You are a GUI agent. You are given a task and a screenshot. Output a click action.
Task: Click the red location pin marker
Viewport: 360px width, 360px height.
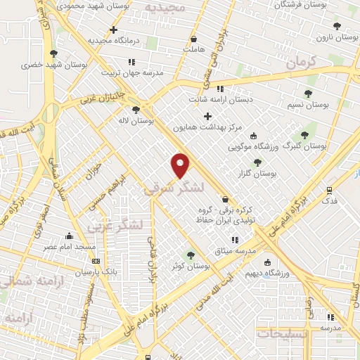[x=181, y=165]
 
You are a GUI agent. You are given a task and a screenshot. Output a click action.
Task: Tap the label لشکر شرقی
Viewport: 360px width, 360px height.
[x=174, y=188]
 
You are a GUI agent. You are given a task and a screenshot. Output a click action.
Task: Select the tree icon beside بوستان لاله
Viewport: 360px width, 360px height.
[x=136, y=109]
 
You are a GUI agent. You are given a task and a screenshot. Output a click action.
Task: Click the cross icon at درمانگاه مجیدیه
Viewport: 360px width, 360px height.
[x=113, y=30]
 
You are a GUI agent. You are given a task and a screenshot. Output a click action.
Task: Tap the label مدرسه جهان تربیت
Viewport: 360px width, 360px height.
[x=131, y=72]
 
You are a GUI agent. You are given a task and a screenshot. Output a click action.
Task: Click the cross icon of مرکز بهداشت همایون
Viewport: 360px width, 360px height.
[x=207, y=116]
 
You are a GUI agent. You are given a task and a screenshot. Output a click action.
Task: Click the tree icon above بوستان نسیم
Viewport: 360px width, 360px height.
[x=307, y=94]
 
